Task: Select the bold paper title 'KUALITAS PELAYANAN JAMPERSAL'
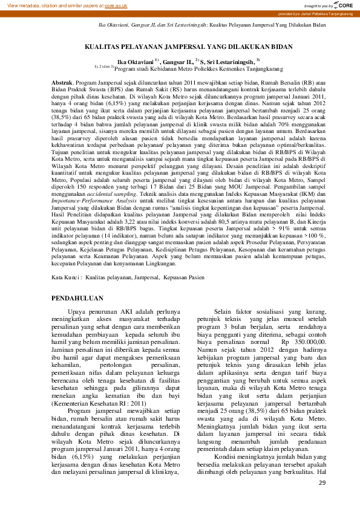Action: [179, 45]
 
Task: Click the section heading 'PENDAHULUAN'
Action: [77, 298]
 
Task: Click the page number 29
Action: [322, 482]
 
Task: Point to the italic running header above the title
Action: [212, 26]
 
